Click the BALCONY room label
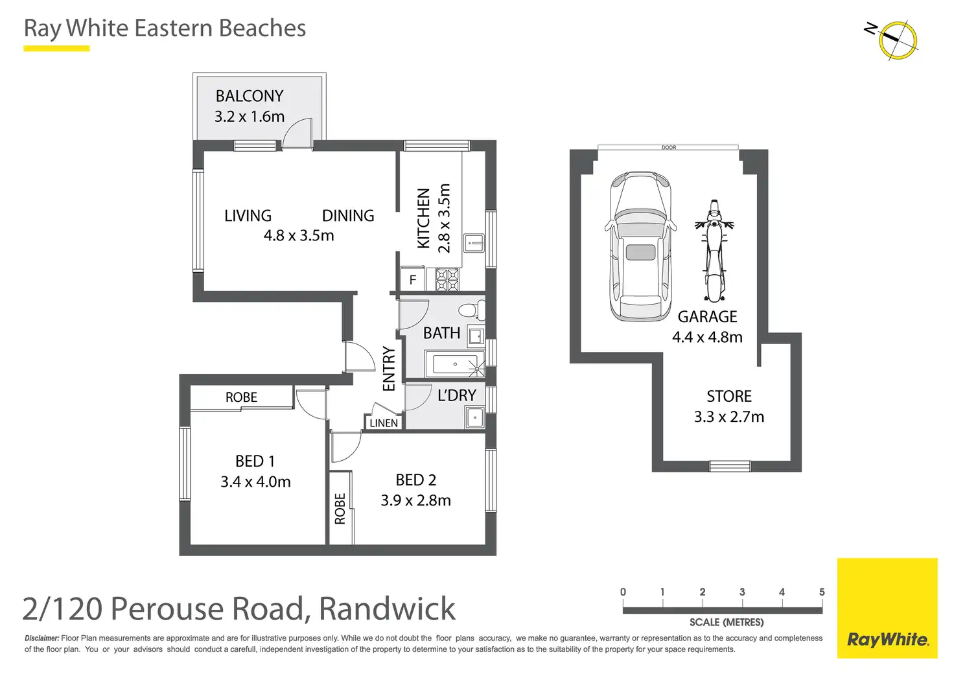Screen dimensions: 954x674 250,96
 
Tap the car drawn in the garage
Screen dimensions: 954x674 640,246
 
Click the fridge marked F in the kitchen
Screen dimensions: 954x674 412,281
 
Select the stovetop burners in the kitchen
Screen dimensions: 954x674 447,280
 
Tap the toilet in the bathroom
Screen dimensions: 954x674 471,310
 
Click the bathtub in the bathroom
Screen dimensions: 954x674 454,364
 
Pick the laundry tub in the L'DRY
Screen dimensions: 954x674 474,418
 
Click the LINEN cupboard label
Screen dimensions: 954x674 384,423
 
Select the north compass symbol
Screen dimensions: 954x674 897,40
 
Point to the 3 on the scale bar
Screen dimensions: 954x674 742,592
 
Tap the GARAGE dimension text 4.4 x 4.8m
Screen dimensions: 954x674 707,337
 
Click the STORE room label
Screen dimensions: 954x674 729,396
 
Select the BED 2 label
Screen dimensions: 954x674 416,480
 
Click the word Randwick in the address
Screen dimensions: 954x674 387,609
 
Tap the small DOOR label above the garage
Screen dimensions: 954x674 669,148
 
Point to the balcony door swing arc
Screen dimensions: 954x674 297,132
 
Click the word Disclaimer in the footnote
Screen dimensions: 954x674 41,638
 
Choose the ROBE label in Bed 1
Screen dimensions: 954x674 241,397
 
